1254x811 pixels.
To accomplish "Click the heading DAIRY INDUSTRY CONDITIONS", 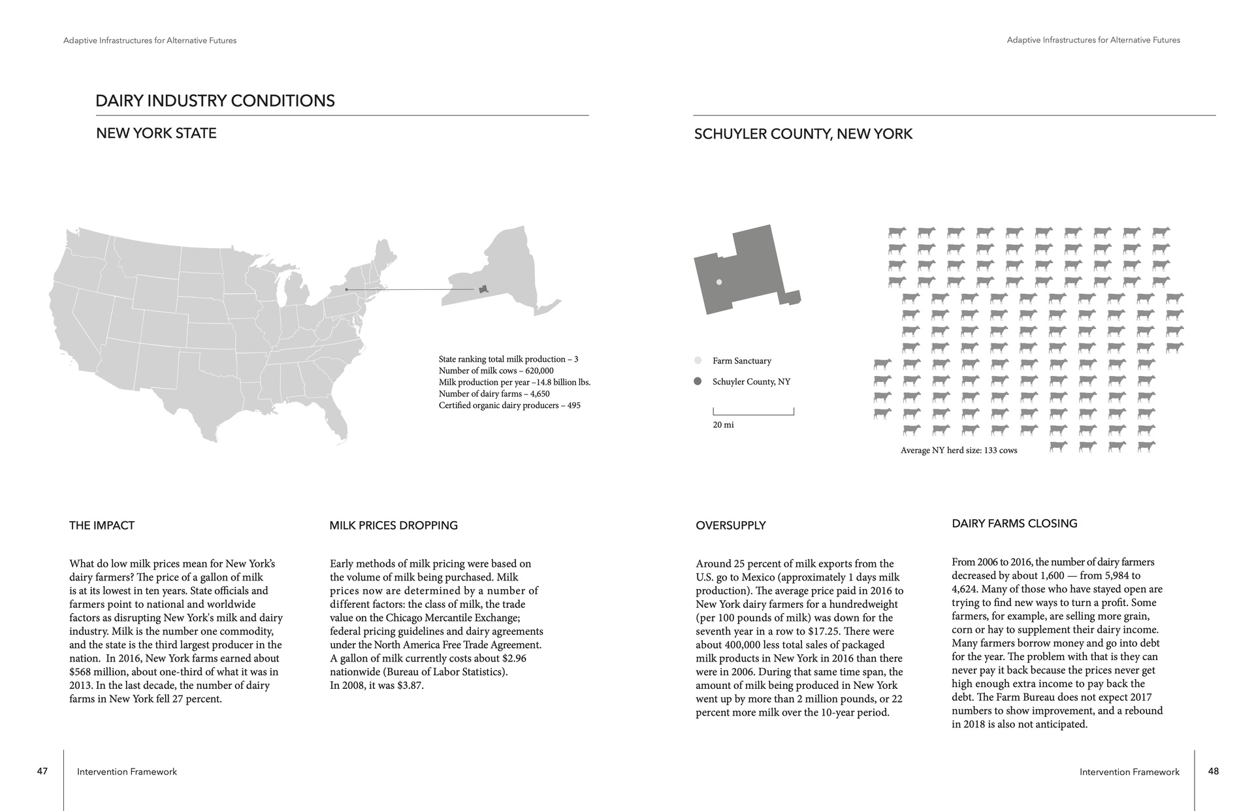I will click(x=215, y=101).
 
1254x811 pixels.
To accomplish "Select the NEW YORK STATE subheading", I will click(x=156, y=133).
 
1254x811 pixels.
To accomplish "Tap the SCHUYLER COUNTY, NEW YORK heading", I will click(x=803, y=134).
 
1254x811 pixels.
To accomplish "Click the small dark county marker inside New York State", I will click(x=483, y=289).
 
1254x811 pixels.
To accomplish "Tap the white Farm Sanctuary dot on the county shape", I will click(x=719, y=282).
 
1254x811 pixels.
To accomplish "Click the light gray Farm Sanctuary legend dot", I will click(x=698, y=360).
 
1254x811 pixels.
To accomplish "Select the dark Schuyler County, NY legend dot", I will click(x=698, y=381).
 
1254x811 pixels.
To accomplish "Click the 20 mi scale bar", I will click(x=753, y=412).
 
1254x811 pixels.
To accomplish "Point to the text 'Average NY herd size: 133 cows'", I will click(x=958, y=450).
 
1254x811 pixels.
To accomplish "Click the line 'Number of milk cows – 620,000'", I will click(x=496, y=371).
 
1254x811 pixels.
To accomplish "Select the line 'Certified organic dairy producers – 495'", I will click(x=509, y=405).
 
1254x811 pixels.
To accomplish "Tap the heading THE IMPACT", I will click(x=102, y=526).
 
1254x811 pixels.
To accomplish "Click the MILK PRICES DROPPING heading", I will click(x=393, y=526).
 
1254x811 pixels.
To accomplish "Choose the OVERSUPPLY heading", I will click(x=730, y=526).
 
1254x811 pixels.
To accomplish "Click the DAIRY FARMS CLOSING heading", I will click(x=1014, y=524).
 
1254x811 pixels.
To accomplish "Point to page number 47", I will click(x=42, y=771).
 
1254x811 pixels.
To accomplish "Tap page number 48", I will click(x=1214, y=771).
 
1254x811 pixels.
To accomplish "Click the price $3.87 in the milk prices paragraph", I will click(x=410, y=686).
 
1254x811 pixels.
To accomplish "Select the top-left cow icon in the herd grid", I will click(x=897, y=232).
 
